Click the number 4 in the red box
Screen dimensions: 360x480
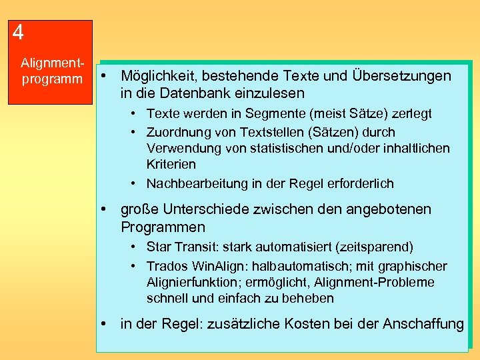coord(19,33)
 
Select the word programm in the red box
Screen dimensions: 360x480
coord(49,79)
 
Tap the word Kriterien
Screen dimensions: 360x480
coord(171,164)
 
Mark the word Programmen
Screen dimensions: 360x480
coord(163,227)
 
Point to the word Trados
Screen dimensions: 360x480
coord(167,267)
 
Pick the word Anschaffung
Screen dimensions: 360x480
coord(423,324)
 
